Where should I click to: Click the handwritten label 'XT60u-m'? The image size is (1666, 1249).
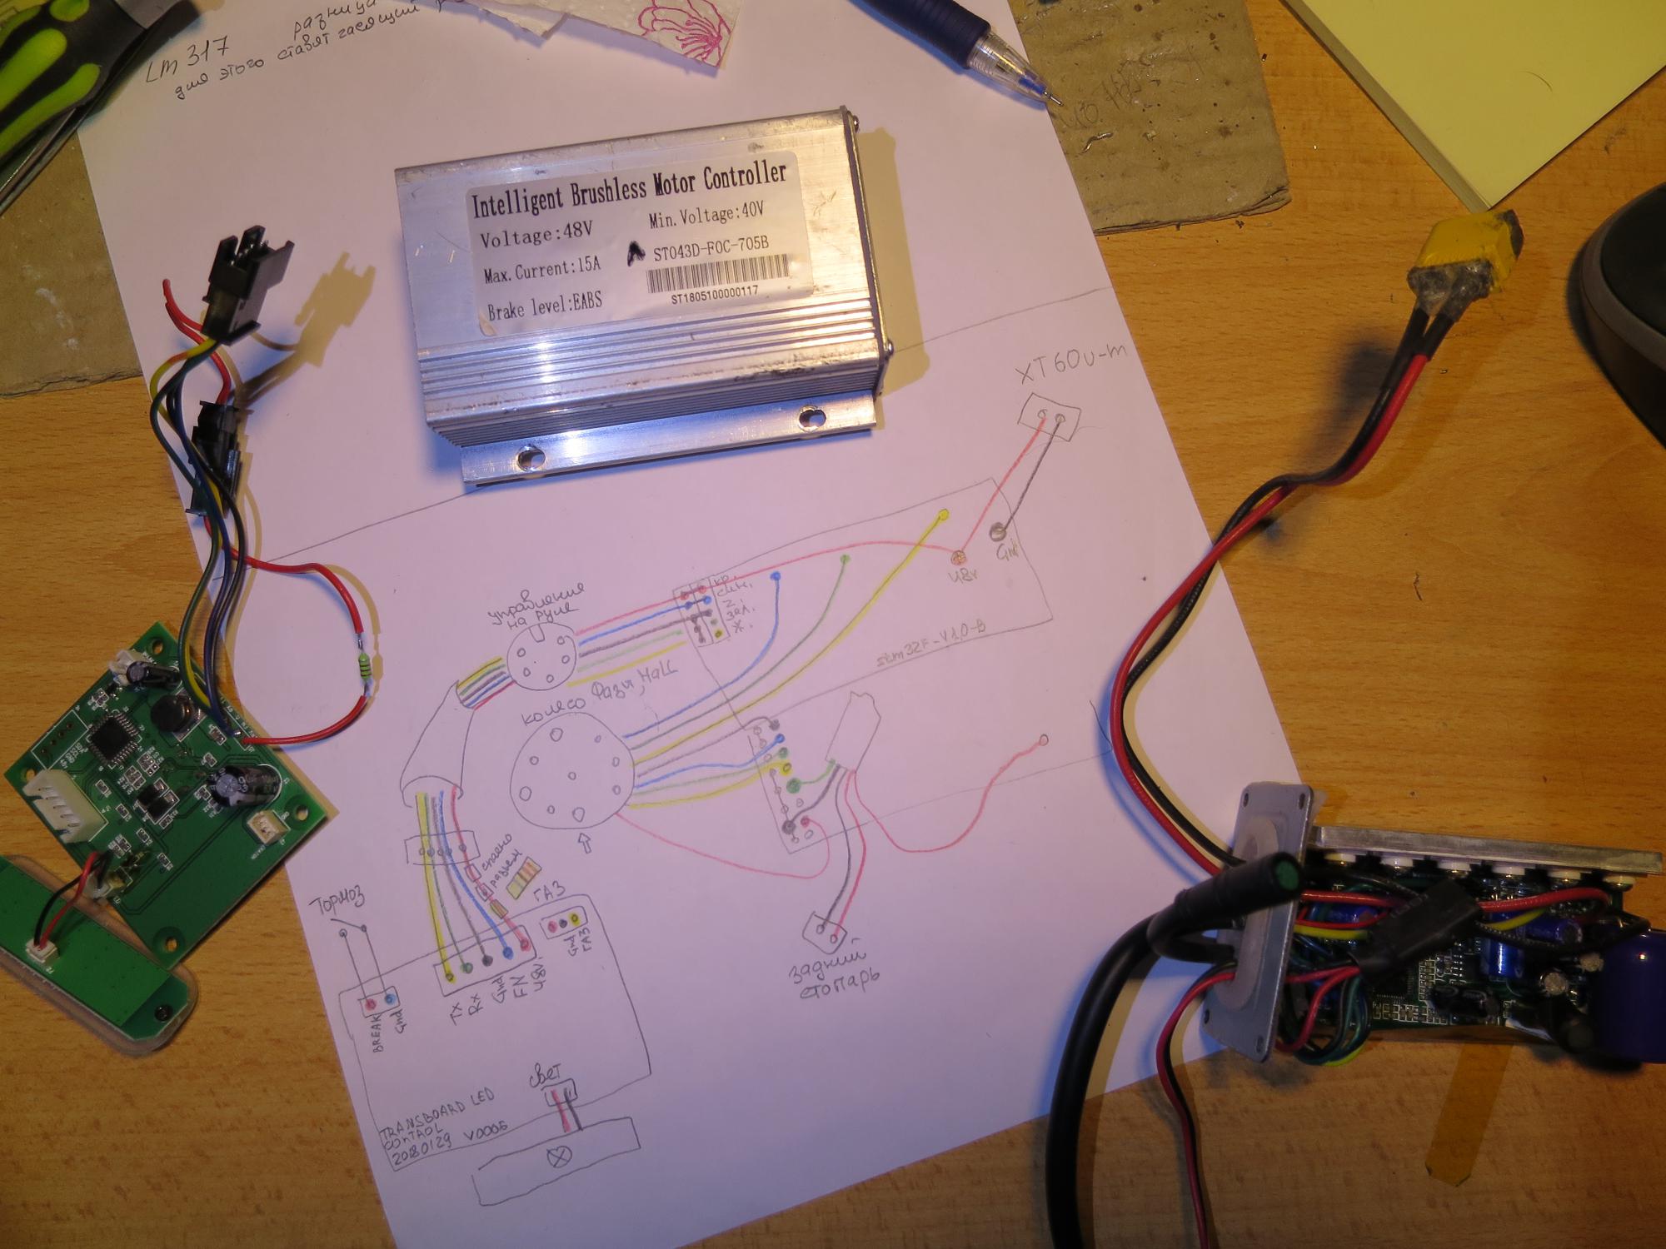pos(1070,364)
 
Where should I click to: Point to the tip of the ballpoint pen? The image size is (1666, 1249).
pos(1057,102)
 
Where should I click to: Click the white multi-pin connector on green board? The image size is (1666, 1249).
pos(60,806)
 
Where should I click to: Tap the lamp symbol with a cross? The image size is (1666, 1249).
pos(555,1157)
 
